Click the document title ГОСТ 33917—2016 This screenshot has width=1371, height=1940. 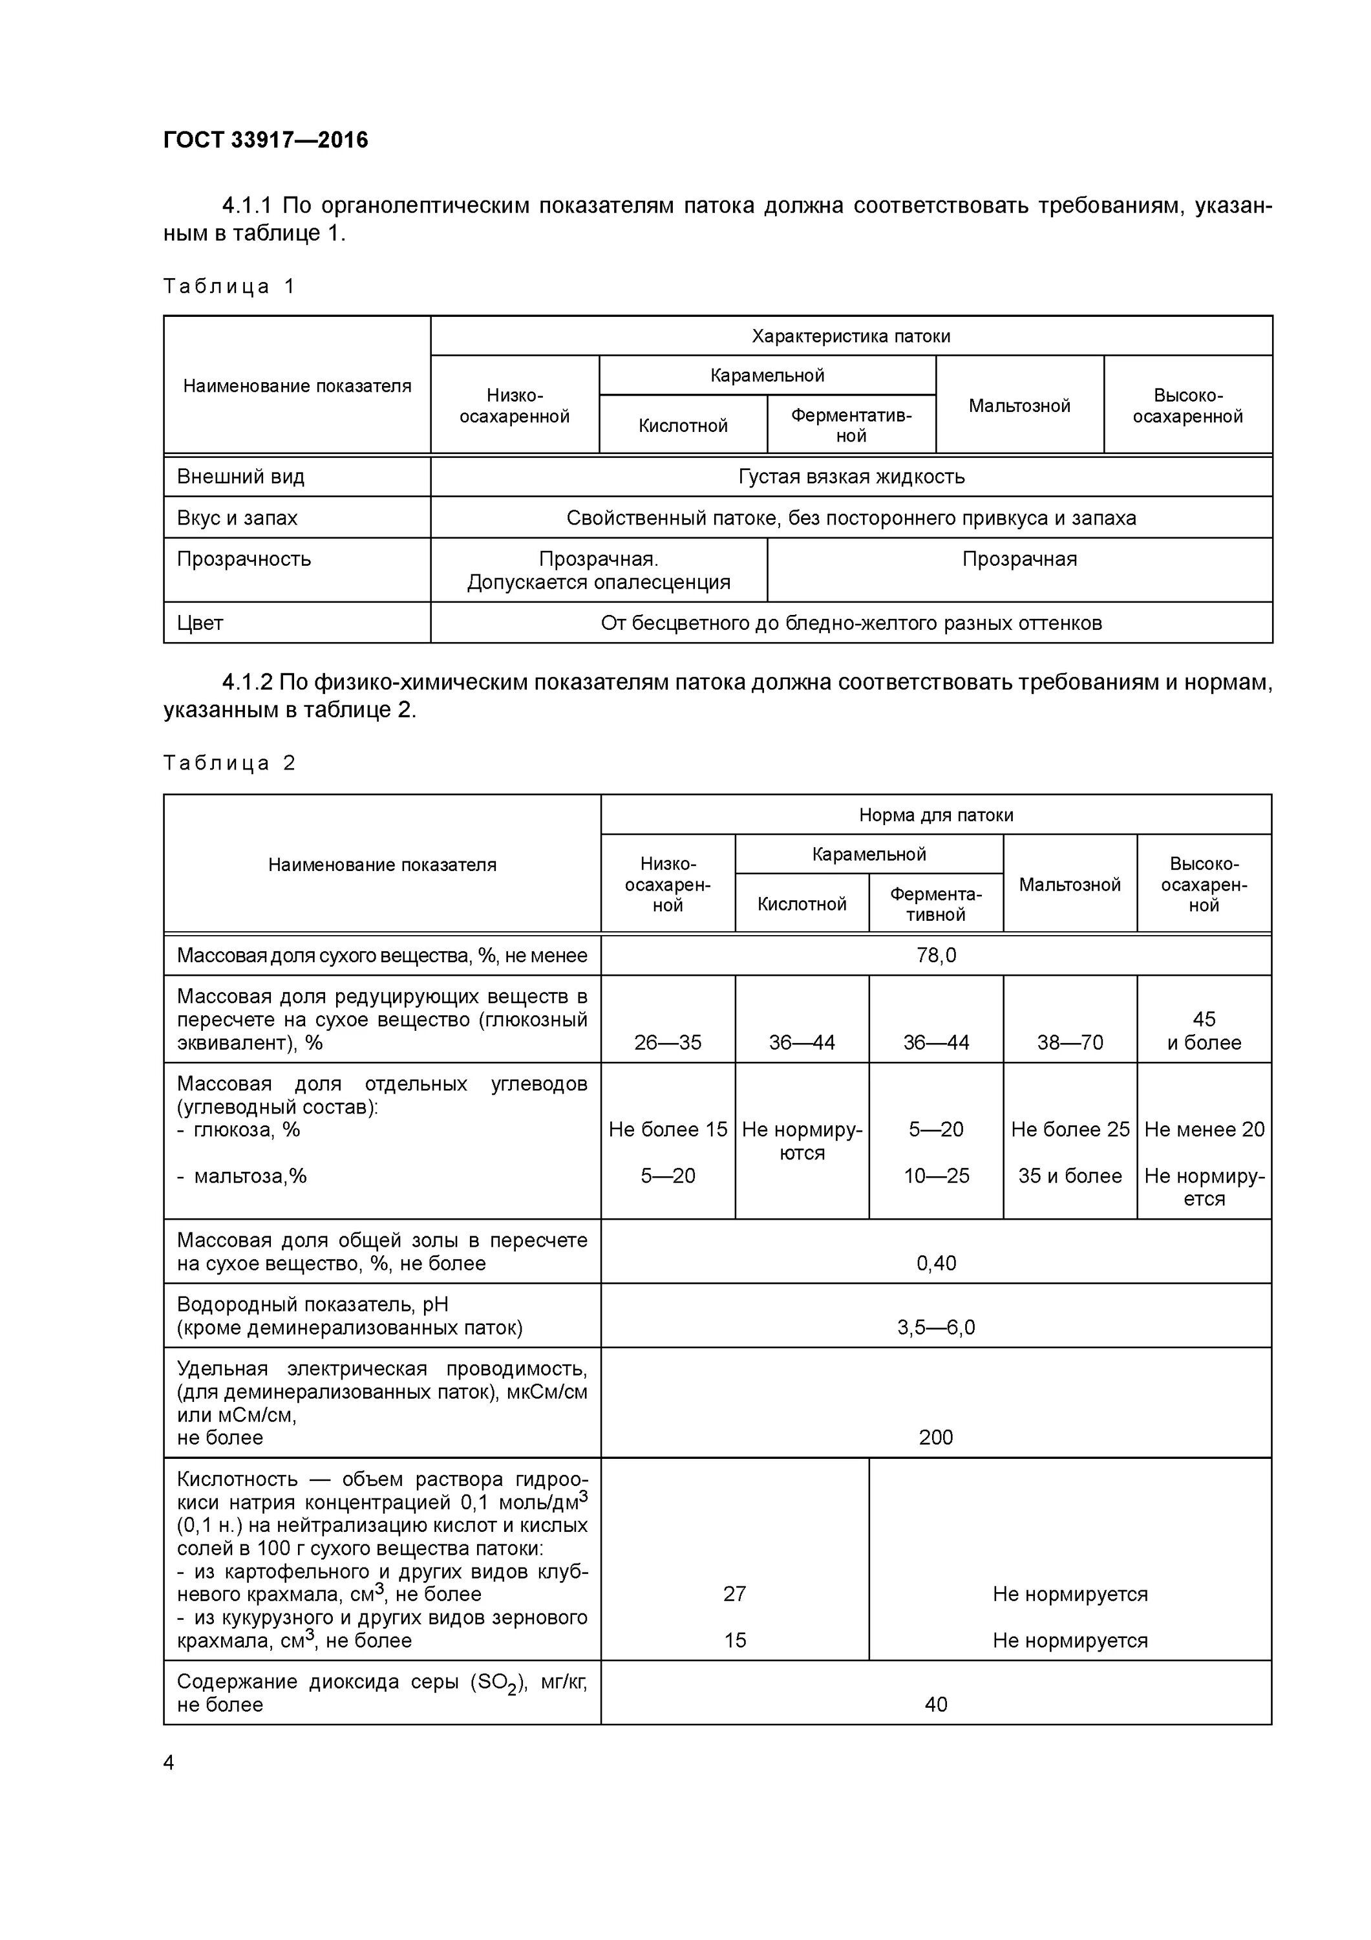(x=265, y=140)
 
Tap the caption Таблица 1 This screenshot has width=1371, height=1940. (x=229, y=286)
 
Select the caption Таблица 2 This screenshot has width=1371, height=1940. (x=229, y=763)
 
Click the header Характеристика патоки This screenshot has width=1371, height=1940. (x=851, y=336)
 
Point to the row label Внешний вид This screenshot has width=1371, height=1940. (x=240, y=477)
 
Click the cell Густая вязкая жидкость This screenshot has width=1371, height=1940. (x=851, y=477)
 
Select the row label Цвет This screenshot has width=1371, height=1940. (x=200, y=623)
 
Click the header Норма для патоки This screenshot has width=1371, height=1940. (x=935, y=815)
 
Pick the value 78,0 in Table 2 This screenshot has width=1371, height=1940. (x=936, y=956)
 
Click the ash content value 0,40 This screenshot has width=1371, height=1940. (x=936, y=1263)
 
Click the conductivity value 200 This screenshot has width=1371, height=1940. (x=936, y=1438)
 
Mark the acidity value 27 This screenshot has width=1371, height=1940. (x=734, y=1593)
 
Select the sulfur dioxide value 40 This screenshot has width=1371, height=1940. (x=936, y=1704)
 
